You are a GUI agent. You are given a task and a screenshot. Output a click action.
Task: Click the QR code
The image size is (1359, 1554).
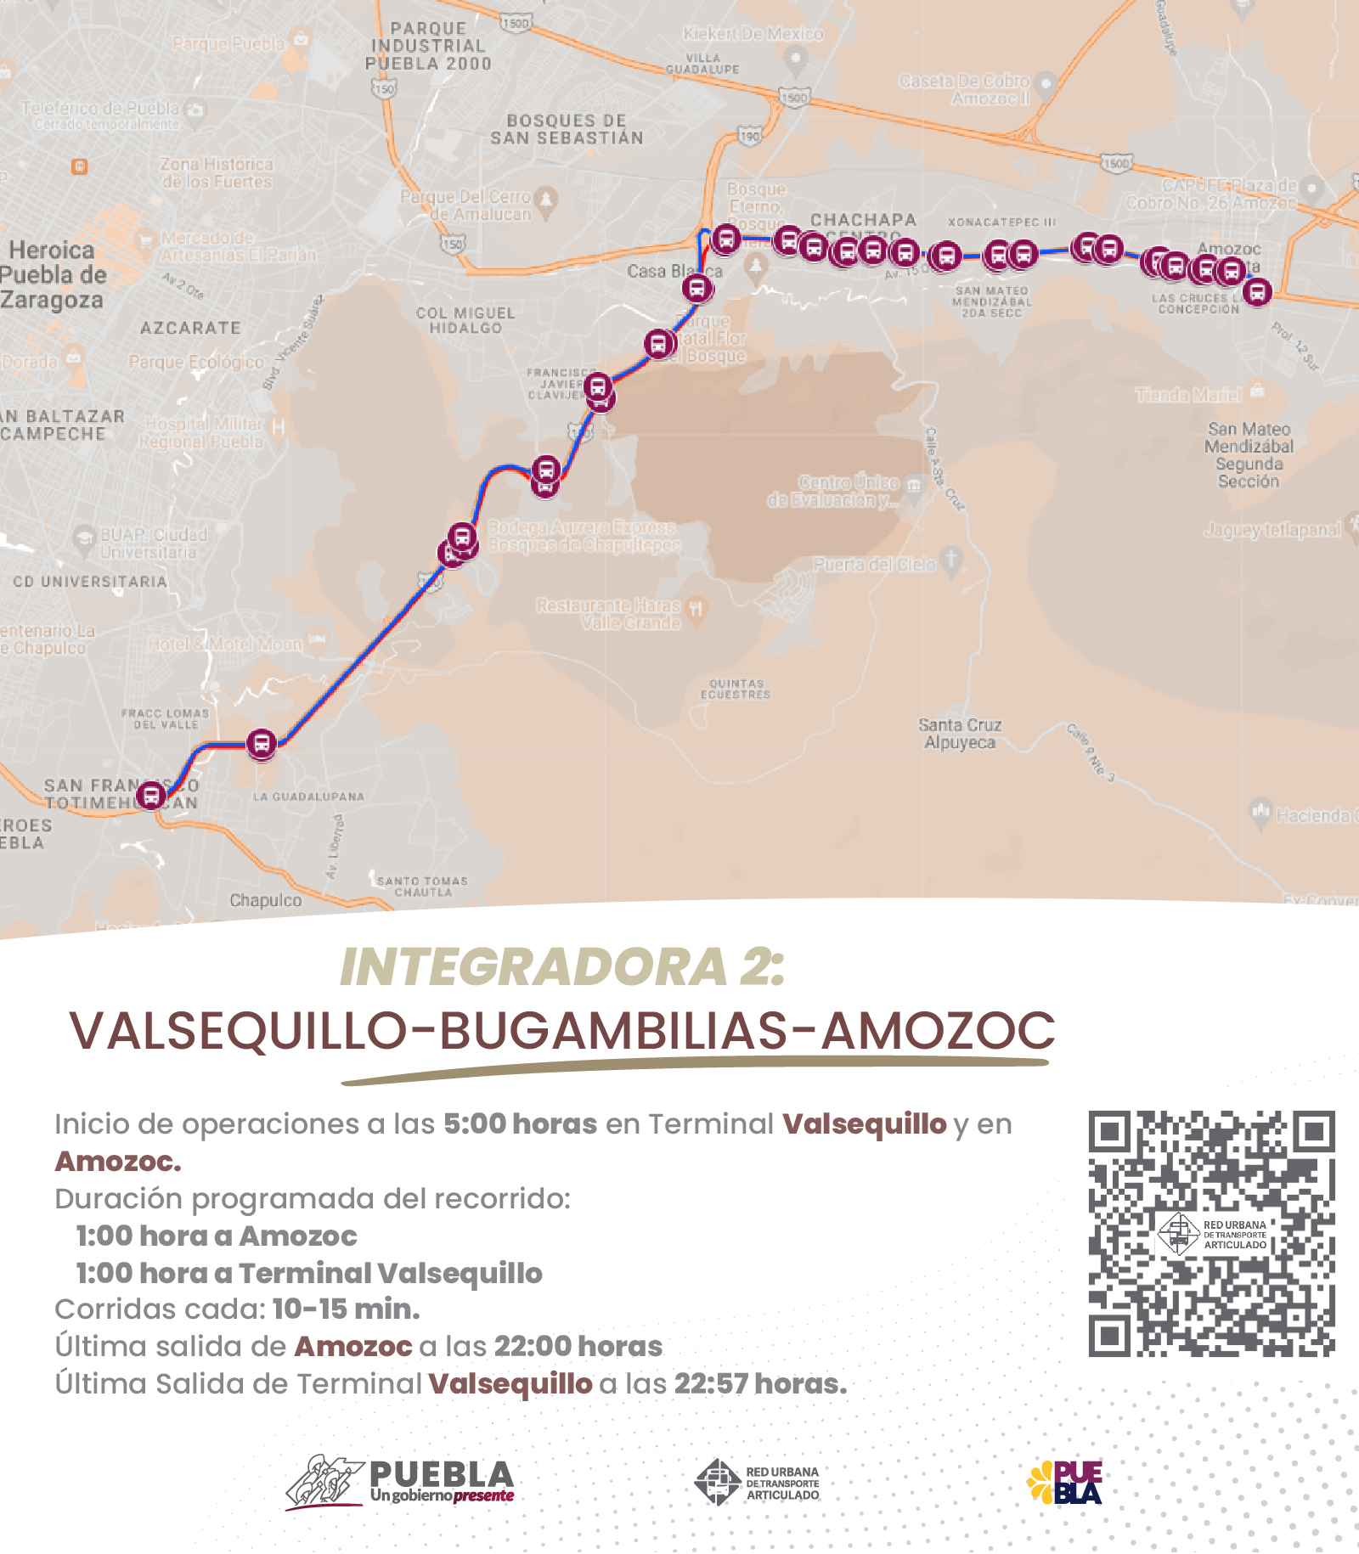coord(1211,1233)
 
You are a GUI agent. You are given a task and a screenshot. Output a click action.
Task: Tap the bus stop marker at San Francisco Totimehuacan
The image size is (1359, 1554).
coord(151,796)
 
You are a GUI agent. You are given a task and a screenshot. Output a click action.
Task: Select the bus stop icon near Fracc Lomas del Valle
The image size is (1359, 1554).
coord(262,744)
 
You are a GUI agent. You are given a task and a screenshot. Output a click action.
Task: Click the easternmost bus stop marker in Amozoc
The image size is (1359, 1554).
coord(1257,292)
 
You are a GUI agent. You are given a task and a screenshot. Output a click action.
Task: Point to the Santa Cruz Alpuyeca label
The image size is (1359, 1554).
coord(960,734)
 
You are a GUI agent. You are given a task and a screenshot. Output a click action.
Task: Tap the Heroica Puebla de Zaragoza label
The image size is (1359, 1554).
coord(53,275)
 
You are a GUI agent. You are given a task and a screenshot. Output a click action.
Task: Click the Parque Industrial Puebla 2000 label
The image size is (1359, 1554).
coord(428,47)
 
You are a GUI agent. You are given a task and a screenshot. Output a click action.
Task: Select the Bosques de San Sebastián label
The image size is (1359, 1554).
coord(567,129)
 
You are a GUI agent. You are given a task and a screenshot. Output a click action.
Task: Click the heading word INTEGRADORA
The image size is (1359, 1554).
coord(533,967)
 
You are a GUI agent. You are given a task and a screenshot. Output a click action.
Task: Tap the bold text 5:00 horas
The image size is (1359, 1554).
coord(520,1123)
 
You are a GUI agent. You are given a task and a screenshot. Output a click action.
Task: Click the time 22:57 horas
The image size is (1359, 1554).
coord(759,1383)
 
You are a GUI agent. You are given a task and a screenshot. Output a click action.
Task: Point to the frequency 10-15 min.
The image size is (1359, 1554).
coord(346,1309)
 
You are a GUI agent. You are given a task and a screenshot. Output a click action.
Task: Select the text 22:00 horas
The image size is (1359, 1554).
coord(578,1346)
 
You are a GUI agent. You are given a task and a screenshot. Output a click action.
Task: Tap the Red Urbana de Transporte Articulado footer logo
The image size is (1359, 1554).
coord(757,1483)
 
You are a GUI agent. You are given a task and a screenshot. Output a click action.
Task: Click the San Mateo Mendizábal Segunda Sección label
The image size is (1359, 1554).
coord(1248,455)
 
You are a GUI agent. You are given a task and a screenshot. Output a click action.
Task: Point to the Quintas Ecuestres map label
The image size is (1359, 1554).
coord(736,689)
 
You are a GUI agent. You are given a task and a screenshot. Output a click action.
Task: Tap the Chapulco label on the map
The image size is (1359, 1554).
coord(265,900)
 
